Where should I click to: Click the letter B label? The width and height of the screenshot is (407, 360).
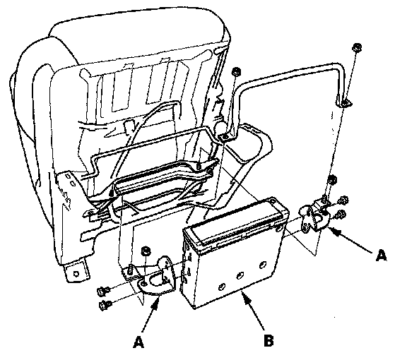269,340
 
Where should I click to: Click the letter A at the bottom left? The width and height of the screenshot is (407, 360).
138,342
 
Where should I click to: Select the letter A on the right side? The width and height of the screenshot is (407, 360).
381,256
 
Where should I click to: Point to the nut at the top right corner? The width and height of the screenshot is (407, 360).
357,47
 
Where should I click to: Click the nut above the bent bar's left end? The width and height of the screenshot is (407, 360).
236,72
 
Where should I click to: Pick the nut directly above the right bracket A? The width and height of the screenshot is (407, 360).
332,179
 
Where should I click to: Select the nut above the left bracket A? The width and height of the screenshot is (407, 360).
146,251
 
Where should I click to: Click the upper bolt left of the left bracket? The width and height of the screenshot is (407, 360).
103,292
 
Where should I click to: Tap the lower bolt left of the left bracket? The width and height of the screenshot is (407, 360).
105,305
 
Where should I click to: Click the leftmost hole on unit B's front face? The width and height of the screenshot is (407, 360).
222,287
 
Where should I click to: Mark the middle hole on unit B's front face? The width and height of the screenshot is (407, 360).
241,275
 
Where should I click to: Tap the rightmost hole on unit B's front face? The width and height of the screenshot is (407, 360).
262,265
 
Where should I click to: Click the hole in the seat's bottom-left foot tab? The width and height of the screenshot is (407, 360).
76,274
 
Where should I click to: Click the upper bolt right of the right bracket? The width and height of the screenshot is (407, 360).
343,200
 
